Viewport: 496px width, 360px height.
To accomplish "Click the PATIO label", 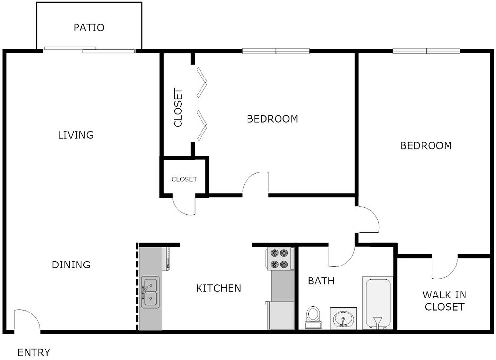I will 89,28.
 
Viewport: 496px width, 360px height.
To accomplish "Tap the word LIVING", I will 76,135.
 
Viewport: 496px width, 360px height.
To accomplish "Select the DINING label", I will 71,265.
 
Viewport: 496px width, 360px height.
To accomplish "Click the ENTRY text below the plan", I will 34,353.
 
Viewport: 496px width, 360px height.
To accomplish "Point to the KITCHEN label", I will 218,289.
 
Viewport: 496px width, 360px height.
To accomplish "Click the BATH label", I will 321,281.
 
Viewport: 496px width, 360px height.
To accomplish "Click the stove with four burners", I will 280,259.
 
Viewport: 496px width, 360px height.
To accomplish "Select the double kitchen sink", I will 150,292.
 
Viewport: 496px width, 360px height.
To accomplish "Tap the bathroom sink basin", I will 343,319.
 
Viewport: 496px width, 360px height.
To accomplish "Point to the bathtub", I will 377,303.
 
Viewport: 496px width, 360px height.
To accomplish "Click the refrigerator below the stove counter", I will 281,315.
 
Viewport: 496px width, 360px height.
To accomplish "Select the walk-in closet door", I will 445,267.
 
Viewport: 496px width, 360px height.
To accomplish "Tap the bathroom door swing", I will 342,257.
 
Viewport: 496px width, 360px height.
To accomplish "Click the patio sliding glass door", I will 89,49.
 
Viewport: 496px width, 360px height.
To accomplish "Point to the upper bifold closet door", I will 201,82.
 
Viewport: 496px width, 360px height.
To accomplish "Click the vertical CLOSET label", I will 178,108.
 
